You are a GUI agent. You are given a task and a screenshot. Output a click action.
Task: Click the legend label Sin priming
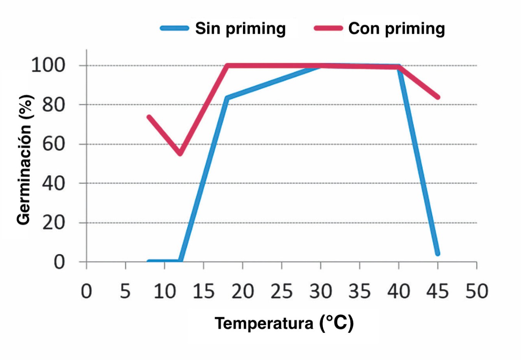tap(240, 28)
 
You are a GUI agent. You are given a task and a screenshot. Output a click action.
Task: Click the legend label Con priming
tap(396, 28)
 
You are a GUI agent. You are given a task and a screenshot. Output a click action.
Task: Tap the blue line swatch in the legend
tap(175, 28)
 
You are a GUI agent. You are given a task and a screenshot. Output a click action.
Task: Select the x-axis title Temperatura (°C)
tap(284, 323)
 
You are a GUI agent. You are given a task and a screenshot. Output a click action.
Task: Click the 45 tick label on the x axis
tap(438, 292)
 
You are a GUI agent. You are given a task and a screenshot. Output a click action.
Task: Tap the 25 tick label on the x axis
tap(282, 292)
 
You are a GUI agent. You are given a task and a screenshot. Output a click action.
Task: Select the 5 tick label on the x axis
tap(125, 292)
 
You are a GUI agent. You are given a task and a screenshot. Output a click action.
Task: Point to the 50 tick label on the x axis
tap(477, 292)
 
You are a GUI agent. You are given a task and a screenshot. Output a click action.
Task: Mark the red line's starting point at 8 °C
tap(149, 117)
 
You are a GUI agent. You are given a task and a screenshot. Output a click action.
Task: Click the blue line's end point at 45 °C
tap(438, 253)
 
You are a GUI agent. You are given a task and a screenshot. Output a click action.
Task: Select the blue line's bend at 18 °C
tap(227, 98)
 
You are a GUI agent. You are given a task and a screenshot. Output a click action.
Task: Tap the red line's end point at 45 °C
tap(438, 97)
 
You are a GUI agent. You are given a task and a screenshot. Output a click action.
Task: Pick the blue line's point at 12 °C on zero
tap(180, 262)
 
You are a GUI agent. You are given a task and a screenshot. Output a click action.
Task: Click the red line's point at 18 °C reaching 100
tap(227, 65)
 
